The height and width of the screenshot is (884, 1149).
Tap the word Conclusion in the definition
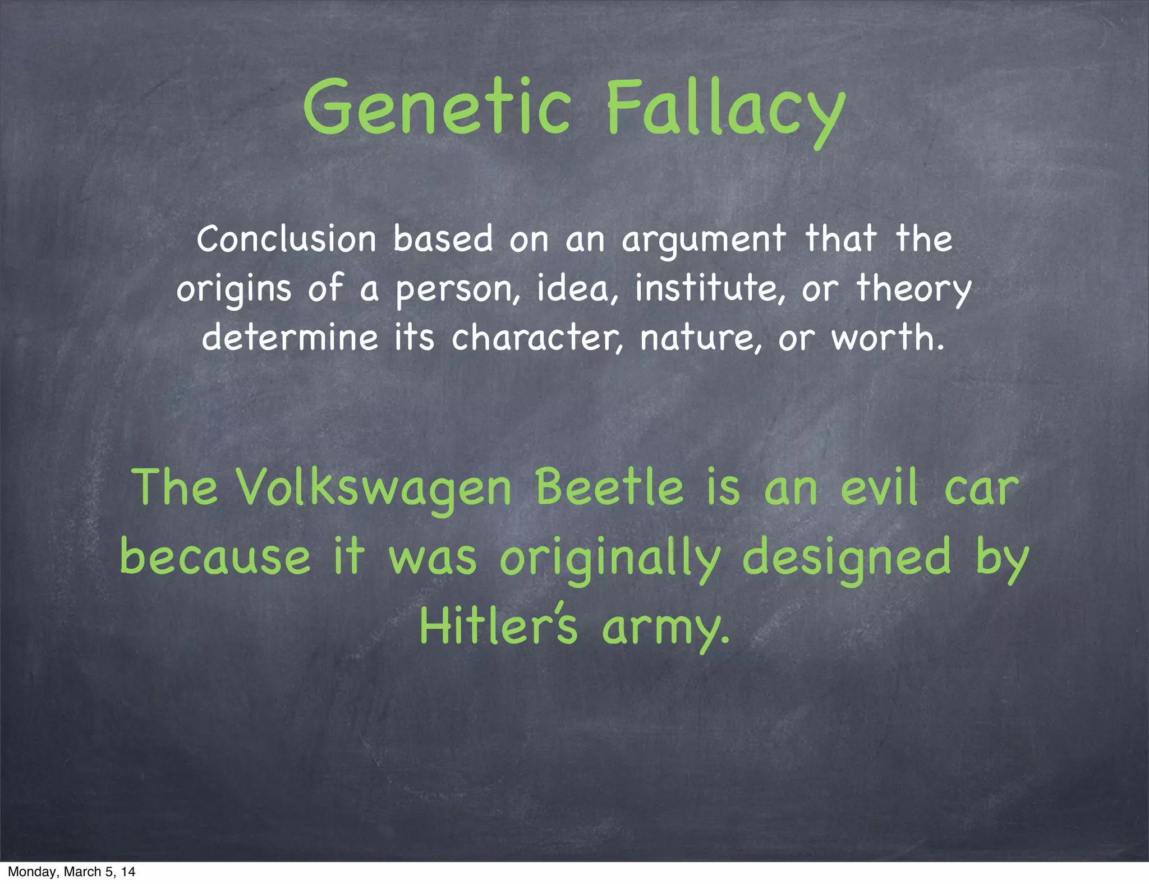pos(286,239)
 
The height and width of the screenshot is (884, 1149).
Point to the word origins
pos(234,289)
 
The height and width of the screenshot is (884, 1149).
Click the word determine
pos(290,338)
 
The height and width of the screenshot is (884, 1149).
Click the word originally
pos(610,559)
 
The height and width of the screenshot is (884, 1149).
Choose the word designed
pos(847,559)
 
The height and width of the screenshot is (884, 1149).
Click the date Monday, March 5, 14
pos(72,872)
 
